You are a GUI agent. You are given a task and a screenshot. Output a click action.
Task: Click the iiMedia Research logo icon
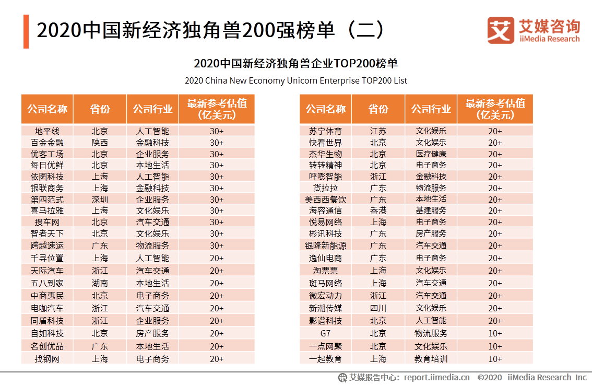[501, 30]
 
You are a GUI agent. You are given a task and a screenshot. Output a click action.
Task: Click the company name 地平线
[47, 131]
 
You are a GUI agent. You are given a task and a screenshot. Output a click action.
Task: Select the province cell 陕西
[100, 143]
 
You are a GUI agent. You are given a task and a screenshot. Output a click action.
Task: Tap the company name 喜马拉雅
[47, 211]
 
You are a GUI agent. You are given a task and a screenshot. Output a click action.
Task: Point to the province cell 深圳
[100, 200]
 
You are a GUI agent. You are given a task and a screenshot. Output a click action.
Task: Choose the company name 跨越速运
[47, 245]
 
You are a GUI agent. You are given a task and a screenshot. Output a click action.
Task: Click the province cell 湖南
[100, 283]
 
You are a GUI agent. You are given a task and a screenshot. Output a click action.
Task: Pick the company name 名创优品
[47, 346]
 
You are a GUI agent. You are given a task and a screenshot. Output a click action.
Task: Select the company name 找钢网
[47, 359]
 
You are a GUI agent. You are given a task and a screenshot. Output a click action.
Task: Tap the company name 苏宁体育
[325, 131]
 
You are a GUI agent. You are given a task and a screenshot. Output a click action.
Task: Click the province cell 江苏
[378, 131]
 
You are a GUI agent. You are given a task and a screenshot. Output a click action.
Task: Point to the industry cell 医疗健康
[431, 154]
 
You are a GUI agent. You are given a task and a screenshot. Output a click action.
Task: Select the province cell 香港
[378, 211]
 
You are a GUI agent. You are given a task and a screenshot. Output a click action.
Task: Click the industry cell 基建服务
[431, 211]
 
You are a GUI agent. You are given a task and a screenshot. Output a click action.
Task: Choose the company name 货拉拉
[325, 188]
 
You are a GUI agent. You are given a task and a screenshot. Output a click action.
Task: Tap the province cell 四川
[378, 308]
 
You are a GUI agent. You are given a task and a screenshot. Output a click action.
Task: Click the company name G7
[325, 333]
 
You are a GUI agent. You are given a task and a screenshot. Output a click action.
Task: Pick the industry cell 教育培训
[431, 359]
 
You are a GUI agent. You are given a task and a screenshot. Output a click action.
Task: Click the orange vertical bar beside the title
[26, 32]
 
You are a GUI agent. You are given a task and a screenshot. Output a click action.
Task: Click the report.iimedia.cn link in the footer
[436, 377]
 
